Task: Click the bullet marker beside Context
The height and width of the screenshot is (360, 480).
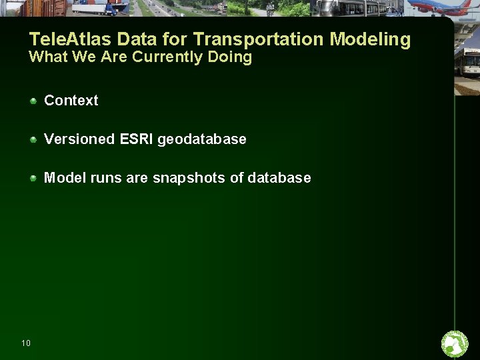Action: tap(33, 101)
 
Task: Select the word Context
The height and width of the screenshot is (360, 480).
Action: tap(71, 101)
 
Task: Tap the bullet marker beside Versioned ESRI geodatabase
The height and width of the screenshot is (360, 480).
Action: tap(33, 139)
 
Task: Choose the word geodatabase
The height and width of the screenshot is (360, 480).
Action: tap(202, 140)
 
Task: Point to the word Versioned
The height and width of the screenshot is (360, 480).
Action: tap(79, 139)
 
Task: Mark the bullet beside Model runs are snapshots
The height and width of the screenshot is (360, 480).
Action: tap(33, 178)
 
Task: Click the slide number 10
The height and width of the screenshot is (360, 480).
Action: tap(25, 343)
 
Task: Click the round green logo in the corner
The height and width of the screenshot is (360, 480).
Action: tap(455, 344)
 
